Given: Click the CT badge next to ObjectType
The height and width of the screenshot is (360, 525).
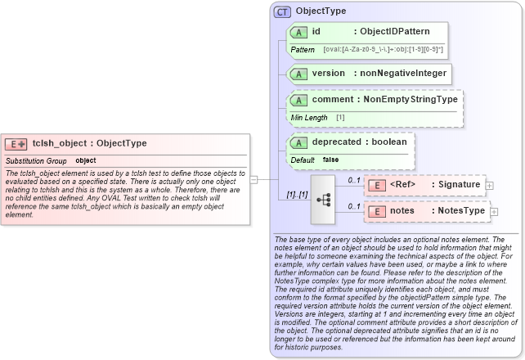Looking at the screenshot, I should pos(282,11).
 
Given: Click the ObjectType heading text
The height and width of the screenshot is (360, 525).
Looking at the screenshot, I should pos(321,11).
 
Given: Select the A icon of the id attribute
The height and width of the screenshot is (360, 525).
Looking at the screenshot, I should pos(299,32).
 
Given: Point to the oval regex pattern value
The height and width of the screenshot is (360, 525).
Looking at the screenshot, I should pos(384,50).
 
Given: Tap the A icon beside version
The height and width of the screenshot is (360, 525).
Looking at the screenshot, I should pos(299,74).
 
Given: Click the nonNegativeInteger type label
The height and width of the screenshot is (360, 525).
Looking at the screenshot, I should pos(404,74).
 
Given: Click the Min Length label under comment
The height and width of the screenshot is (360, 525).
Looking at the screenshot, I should pos(309,118).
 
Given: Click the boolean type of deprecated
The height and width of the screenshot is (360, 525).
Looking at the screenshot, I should pos(386,142).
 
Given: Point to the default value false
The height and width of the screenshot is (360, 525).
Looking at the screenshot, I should pos(330,160).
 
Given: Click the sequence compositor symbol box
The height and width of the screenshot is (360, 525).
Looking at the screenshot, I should pos(322,197).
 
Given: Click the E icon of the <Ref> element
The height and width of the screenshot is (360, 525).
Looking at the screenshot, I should pos(378,185).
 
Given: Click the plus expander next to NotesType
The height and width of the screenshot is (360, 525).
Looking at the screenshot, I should pos(492,212).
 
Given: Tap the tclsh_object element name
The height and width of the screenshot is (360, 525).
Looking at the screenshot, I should pos(56,143).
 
